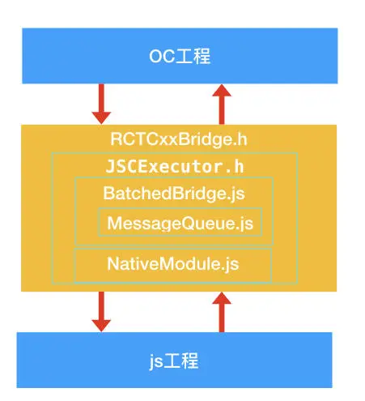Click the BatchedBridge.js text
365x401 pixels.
click(174, 194)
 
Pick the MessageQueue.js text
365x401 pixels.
click(180, 223)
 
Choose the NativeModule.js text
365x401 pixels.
click(173, 264)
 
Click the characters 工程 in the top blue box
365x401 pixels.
click(191, 56)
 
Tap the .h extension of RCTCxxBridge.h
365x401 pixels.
click(239, 139)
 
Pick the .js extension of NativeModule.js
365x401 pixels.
click(231, 264)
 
